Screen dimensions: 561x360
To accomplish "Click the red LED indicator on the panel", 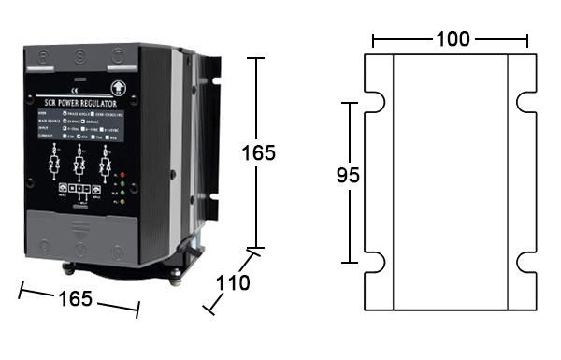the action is (x=122, y=175).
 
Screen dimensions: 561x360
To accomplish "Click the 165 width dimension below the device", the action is (x=76, y=298).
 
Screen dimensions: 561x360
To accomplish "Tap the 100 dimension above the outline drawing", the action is (x=452, y=40).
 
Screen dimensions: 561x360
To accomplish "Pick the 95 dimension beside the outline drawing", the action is (x=348, y=175).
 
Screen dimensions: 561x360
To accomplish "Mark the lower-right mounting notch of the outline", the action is (x=524, y=261).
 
